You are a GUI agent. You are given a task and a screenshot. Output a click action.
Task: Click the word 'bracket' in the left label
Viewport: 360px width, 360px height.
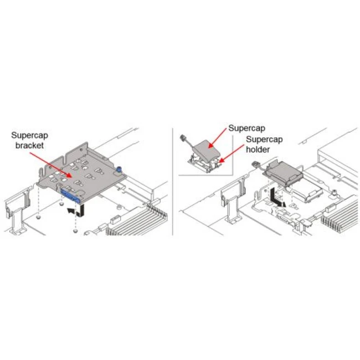pyautogui.click(x=29, y=145)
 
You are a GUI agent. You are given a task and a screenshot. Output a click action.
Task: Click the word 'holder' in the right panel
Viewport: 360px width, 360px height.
pyautogui.click(x=258, y=150)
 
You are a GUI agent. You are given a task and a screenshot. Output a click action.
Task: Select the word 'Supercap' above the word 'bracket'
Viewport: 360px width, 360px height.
pyautogui.click(x=29, y=136)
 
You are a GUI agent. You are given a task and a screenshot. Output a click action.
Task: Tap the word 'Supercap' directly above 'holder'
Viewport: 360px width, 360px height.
pyautogui.click(x=264, y=140)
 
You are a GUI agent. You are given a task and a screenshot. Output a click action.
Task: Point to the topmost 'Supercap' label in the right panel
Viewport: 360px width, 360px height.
pyautogui.click(x=247, y=128)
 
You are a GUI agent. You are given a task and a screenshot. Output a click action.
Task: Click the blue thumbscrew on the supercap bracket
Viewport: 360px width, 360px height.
pyautogui.click(x=119, y=169)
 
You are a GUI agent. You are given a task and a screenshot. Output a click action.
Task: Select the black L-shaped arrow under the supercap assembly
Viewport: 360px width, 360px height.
pyautogui.click(x=276, y=199)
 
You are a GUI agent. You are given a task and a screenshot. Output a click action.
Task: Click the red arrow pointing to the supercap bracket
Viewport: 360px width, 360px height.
pyautogui.click(x=50, y=164)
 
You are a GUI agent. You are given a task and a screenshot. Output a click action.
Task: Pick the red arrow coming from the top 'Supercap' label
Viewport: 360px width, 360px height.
pyautogui.click(x=218, y=138)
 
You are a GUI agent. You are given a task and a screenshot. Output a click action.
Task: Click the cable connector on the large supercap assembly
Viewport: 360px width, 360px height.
pyautogui.click(x=255, y=164)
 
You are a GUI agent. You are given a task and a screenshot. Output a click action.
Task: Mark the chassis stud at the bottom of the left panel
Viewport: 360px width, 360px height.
pyautogui.click(x=75, y=230)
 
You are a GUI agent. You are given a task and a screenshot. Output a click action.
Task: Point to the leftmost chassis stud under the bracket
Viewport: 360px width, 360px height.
pyautogui.click(x=38, y=217)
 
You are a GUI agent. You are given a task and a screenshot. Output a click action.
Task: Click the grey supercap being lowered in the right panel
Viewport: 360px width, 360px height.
pyautogui.click(x=284, y=172)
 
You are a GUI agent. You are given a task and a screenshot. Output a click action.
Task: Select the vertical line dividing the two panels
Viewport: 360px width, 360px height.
pyautogui.click(x=172, y=181)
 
